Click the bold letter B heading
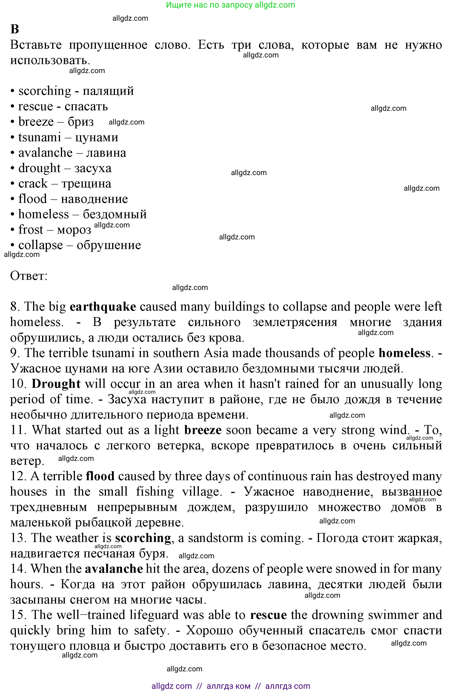[15, 29]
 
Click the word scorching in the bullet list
[45, 91]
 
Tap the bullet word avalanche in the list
[45, 153]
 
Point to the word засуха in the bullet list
[93, 168]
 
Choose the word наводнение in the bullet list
[94, 199]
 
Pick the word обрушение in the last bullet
[109, 245]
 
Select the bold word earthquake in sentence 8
[103, 307]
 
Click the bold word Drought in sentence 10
[56, 384]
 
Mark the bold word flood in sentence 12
[100, 476]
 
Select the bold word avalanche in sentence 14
[114, 569]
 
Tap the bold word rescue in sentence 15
[268, 615]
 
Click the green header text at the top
[230, 5]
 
